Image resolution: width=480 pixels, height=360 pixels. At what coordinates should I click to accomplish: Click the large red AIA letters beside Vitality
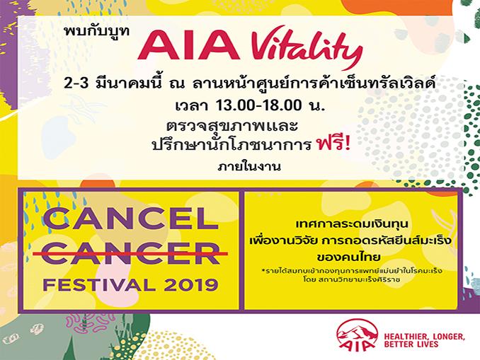tap(188, 46)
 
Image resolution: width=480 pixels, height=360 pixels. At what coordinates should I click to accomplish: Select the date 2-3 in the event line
tap(76, 83)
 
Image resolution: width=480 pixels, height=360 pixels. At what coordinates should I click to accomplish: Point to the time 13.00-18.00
tap(258, 105)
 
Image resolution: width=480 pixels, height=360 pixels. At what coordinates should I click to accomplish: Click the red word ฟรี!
tap(333, 144)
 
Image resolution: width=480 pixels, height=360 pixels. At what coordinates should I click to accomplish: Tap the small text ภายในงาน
tap(249, 166)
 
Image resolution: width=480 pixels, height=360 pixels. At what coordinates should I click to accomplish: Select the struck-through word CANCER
tap(131, 254)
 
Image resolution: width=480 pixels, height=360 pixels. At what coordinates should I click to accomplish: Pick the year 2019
tap(191, 285)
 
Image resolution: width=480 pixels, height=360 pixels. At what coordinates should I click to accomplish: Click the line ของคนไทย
tap(349, 256)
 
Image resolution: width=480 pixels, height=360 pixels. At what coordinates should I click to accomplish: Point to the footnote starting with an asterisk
tap(352, 271)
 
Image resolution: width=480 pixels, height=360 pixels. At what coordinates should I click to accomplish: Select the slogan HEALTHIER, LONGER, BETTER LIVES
tap(425, 340)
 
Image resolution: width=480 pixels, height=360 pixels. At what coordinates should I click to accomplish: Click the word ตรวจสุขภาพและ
tap(232, 126)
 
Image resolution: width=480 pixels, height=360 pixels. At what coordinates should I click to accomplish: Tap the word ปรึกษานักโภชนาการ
tap(232, 145)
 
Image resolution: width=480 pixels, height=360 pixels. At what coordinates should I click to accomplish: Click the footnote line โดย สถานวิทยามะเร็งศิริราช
tap(352, 279)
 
